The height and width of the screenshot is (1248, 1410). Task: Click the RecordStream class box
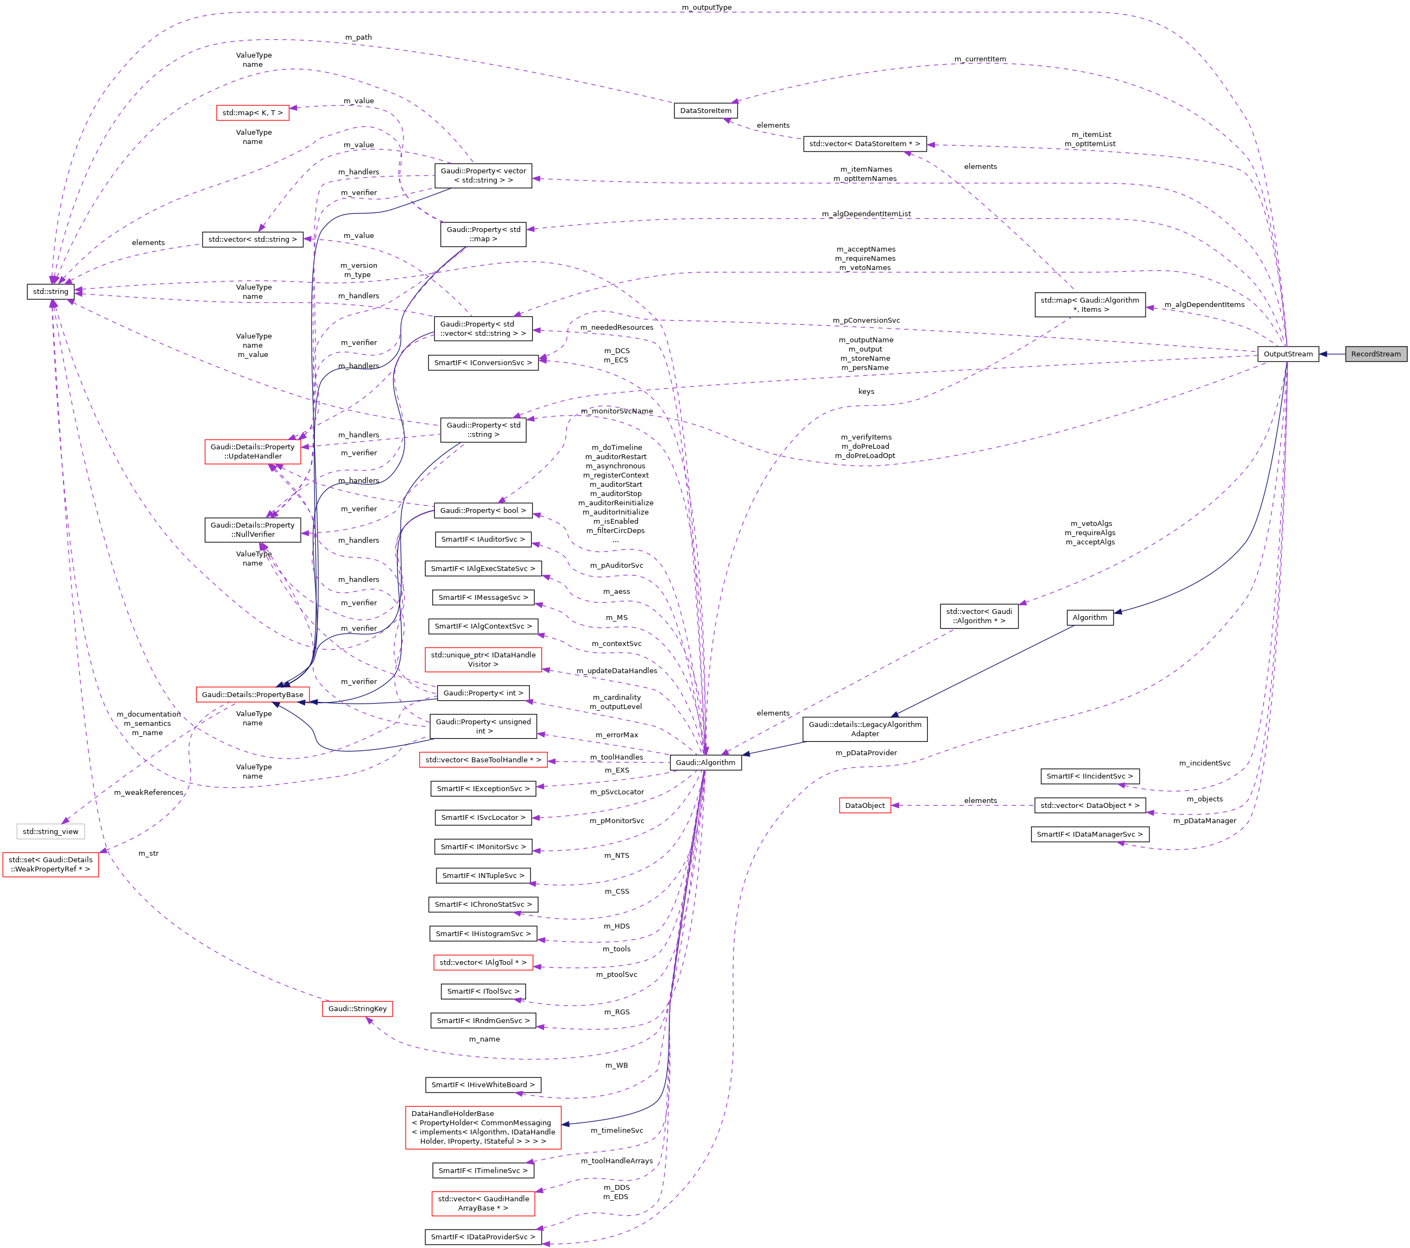coord(1375,354)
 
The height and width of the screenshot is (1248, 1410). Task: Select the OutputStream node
coord(1287,354)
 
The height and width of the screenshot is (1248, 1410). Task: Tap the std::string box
coord(50,291)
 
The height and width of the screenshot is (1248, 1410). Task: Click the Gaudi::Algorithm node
coord(705,763)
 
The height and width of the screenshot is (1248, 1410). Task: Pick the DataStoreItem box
coord(705,110)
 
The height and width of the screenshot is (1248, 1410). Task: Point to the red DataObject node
coord(864,806)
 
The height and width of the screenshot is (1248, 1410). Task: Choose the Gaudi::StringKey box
coord(357,1008)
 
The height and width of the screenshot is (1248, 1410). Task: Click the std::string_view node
coord(50,832)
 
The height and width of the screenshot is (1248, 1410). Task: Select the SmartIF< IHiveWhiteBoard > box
coord(482,1084)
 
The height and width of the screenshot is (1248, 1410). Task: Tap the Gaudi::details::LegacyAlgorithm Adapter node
coord(864,729)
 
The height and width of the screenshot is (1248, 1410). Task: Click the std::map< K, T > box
coord(252,112)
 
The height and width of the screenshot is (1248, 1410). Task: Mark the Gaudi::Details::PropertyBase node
coord(252,694)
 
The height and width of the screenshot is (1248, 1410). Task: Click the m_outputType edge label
coord(706,8)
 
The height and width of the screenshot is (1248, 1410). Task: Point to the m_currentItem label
coord(979,59)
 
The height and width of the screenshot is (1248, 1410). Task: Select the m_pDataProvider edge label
coord(866,753)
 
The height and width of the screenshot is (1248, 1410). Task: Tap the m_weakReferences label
coord(148,792)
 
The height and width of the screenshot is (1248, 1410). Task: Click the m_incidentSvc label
coord(1204,763)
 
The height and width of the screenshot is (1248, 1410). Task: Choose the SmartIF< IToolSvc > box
coord(483,991)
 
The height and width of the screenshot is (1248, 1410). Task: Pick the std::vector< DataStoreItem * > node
coord(864,143)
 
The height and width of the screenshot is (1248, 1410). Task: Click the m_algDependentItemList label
coord(866,214)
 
